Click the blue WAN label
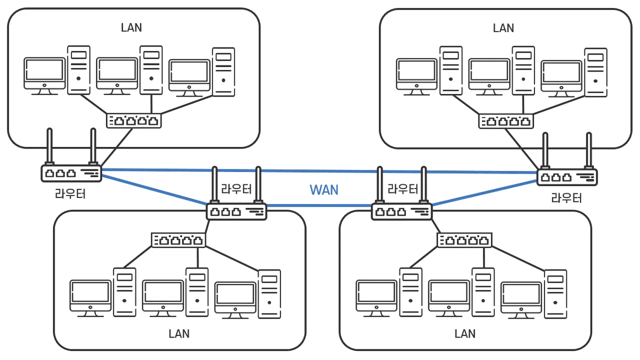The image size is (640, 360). pyautogui.click(x=324, y=190)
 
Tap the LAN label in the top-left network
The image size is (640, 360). pyautogui.click(x=131, y=27)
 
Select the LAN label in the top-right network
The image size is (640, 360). pyautogui.click(x=503, y=27)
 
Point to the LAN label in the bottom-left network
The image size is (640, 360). pyautogui.click(x=179, y=333)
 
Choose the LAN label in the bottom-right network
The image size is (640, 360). pyautogui.click(x=465, y=333)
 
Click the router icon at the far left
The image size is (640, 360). pyautogui.click(x=71, y=173)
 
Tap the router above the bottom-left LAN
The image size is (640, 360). pyautogui.click(x=236, y=211)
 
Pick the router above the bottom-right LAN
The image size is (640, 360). pyautogui.click(x=401, y=211)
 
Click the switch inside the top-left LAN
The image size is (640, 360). pyautogui.click(x=134, y=120)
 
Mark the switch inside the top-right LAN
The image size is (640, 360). pyautogui.click(x=506, y=121)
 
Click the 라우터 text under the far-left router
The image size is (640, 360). pyautogui.click(x=70, y=193)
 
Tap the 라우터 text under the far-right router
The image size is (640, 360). pyautogui.click(x=566, y=198)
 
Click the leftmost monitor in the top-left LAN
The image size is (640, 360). pyautogui.click(x=45, y=75)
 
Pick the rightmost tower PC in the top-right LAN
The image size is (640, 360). pyautogui.click(x=596, y=72)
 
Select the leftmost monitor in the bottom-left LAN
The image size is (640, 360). pyautogui.click(x=90, y=297)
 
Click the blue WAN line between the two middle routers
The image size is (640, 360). pyautogui.click(x=320, y=205)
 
